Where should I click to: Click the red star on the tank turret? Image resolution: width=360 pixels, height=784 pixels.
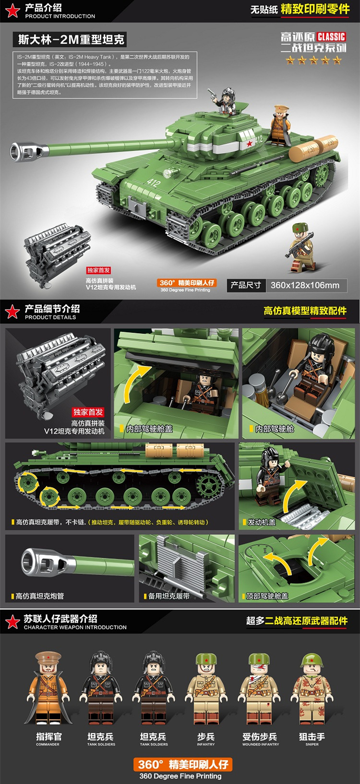249,142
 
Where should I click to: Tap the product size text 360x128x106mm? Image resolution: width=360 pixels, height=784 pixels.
305,285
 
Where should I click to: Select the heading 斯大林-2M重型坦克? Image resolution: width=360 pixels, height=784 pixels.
71,39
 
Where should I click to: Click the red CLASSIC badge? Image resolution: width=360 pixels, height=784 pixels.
331,36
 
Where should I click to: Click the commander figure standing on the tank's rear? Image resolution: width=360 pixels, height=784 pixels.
280,125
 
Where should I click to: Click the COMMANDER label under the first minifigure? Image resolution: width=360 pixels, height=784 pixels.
48,744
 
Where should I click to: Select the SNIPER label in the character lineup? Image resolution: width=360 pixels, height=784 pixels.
312,744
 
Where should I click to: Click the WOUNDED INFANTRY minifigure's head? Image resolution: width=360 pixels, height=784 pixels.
260,665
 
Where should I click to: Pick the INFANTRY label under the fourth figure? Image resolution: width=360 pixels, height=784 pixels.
205,744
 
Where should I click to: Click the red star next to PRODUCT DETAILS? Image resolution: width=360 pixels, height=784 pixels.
12,312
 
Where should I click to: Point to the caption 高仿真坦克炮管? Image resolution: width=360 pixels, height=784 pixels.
40,596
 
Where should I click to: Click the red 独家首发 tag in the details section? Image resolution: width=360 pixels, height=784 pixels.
88,412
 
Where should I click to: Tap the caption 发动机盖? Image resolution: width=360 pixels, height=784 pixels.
262,522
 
